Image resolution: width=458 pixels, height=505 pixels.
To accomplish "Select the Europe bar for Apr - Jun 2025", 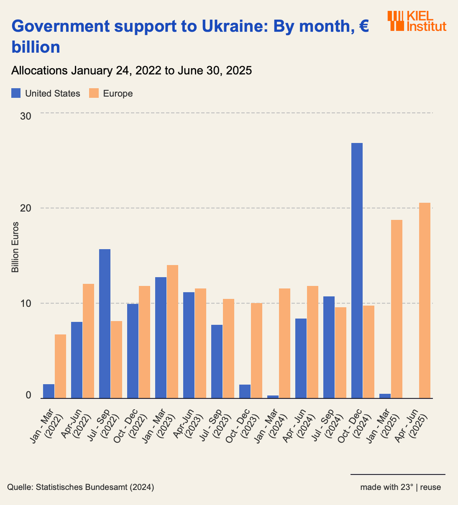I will tap(424, 300).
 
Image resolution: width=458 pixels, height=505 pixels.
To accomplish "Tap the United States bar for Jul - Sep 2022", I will tap(105, 324).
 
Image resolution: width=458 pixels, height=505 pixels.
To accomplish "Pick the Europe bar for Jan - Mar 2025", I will tap(397, 309).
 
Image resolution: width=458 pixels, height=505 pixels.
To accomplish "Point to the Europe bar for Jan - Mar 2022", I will tap(60, 366).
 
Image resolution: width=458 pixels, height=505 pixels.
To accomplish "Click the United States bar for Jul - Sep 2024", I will tap(329, 347).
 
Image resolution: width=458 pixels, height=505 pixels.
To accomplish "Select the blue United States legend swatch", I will tap(16, 93).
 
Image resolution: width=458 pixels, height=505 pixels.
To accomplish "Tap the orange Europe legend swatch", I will tap(94, 93).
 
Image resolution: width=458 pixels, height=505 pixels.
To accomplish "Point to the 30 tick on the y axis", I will tap(26, 116).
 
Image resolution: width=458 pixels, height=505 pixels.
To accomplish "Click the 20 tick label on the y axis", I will tap(26, 208).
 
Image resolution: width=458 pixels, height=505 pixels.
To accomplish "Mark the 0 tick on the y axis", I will tap(28, 395).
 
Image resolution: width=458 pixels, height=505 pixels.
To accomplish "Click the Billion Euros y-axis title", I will tap(15, 247).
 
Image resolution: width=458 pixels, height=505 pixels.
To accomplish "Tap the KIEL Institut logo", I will tap(416, 21).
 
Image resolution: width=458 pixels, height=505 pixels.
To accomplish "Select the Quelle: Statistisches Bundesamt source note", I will tap(80, 487).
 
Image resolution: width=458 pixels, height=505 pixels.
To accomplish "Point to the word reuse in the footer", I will tap(430, 487).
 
